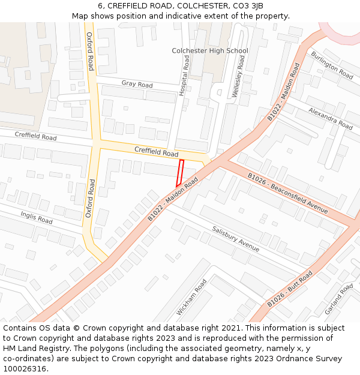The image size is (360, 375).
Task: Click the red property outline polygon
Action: tap(179, 173)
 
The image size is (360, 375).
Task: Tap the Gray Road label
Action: tap(137, 85)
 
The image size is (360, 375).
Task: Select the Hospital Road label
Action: tap(185, 76)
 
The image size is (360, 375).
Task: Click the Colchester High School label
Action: tap(209, 51)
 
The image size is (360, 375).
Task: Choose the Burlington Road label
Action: tap(332, 65)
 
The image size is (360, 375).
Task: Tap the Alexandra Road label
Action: tap(331, 118)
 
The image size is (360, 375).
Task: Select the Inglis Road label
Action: tap(37, 217)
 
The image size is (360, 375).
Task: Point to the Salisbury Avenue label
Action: tap(236, 239)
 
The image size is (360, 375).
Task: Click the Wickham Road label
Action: tap(191, 298)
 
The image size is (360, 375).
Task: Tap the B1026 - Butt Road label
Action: tap(290, 289)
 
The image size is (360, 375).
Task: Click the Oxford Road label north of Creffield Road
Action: tap(91, 52)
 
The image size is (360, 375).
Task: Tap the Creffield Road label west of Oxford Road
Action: tap(36, 137)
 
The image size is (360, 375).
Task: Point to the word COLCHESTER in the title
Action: tap(190, 6)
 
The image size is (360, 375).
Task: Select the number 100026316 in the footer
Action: tap(25, 368)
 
